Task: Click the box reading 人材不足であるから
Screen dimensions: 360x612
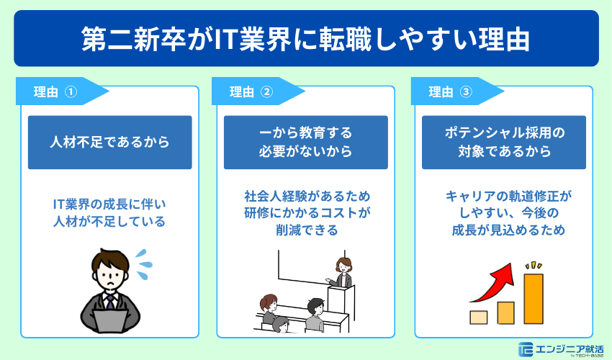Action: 110,143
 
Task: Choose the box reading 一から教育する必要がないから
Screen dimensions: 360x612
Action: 306,143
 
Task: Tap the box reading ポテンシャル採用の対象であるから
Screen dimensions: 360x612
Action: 504,143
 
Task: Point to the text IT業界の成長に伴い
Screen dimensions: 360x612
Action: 110,204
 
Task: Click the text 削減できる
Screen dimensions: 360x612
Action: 306,230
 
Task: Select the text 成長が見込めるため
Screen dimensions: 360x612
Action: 504,231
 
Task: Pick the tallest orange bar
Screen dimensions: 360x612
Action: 533,299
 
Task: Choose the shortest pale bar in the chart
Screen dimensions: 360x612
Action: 478,317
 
